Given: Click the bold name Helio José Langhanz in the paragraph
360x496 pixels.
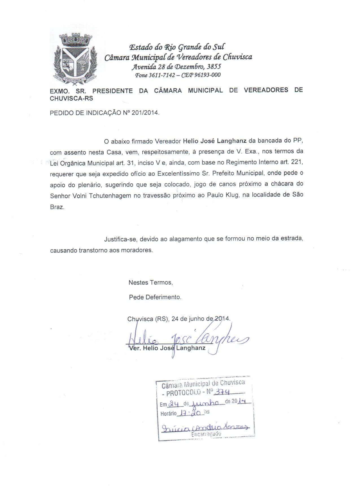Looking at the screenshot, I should (215, 141).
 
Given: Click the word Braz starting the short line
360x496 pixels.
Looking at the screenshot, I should (57, 207).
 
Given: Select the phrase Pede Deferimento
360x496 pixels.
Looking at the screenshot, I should (155, 297).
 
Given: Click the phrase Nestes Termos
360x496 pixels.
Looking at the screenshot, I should (150, 282).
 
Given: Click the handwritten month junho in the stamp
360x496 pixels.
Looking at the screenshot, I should (205, 402).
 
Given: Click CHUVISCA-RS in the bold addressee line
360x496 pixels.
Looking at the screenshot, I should (71, 99).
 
